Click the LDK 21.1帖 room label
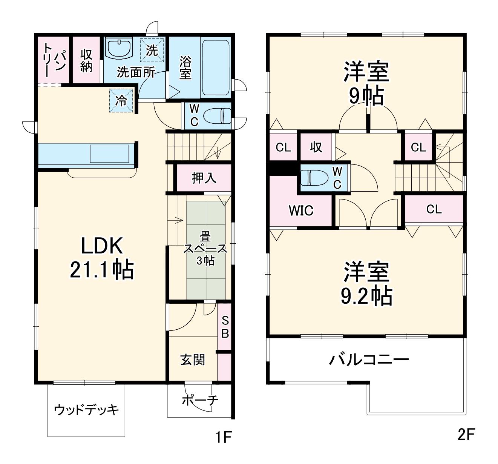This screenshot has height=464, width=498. coord(102,258)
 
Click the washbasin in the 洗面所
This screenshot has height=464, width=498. coord(119,49)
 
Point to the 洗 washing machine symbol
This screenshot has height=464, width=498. coord(152,50)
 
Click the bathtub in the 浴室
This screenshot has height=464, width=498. coord(215,68)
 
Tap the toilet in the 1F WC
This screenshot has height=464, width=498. coord(217,116)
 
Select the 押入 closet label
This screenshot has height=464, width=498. coord(204,178)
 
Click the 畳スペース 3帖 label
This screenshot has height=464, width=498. coord(205,249)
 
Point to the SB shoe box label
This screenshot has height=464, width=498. coord(225,327)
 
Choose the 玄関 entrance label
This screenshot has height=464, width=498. coord(193,360)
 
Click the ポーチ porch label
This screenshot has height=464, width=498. coord(200,400)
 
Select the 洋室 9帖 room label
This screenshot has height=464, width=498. coord(366,83)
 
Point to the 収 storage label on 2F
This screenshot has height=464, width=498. coord(316,147)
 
